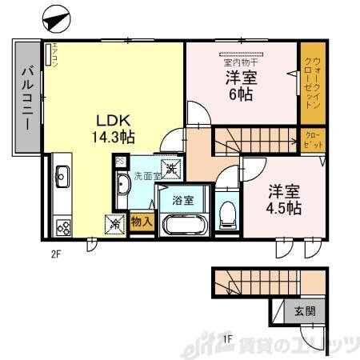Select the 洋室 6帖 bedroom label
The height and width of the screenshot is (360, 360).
(238, 86)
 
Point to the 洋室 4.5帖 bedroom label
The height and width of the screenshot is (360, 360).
(284, 199)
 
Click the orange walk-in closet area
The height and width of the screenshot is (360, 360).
(312, 82)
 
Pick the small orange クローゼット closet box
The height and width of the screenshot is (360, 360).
(312, 142)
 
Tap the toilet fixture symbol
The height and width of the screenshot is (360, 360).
(227, 210)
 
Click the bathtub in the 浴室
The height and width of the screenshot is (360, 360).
(185, 223)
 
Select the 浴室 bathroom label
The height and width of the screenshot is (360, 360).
(183, 199)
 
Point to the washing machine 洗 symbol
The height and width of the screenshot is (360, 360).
(171, 168)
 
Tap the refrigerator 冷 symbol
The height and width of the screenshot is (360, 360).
(113, 224)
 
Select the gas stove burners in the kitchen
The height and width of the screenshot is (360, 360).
(62, 226)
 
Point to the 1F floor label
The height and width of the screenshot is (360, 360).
(227, 338)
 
